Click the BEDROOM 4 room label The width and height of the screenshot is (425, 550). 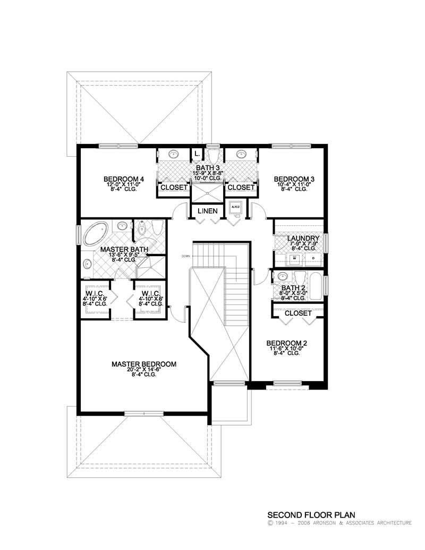click(x=124, y=179)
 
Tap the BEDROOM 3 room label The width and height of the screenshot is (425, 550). click(x=294, y=179)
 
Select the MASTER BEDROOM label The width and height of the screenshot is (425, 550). click(x=143, y=364)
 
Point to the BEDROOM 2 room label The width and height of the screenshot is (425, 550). click(x=287, y=343)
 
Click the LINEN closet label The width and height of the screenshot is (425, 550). click(x=207, y=211)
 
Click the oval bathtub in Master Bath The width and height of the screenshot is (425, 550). click(x=96, y=234)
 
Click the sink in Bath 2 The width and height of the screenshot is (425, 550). click(x=283, y=277)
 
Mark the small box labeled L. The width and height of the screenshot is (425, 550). click(x=197, y=154)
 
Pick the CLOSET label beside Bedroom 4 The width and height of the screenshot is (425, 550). click(x=174, y=188)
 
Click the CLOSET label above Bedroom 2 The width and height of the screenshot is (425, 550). click(x=298, y=314)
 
